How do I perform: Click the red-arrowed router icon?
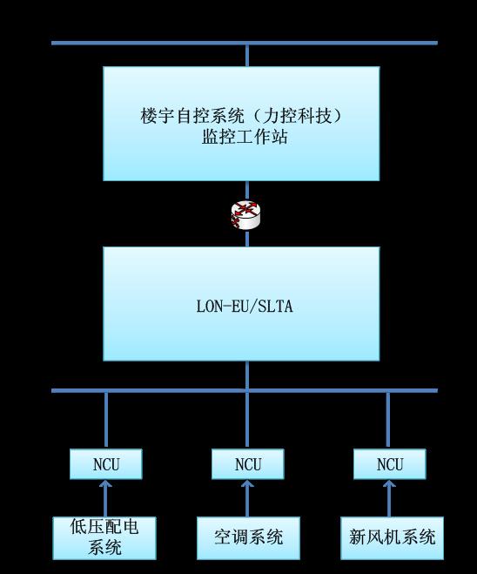pyautogui.click(x=246, y=215)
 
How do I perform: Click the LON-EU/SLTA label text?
pyautogui.click(x=245, y=306)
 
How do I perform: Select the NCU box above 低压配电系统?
pyautogui.click(x=105, y=463)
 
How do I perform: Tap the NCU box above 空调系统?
pyautogui.click(x=248, y=463)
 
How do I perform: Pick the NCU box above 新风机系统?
pyautogui.click(x=390, y=463)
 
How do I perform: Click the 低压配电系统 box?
pyautogui.click(x=104, y=538)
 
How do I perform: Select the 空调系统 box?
pyautogui.click(x=248, y=538)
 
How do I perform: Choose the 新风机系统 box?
pyautogui.click(x=393, y=538)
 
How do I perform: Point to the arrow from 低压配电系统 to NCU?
pyautogui.click(x=105, y=498)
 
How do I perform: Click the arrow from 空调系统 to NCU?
pyautogui.click(x=248, y=498)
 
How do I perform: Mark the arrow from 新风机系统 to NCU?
pyautogui.click(x=389, y=498)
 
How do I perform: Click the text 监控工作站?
pyautogui.click(x=245, y=137)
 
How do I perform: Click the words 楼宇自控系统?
pyautogui.click(x=192, y=116)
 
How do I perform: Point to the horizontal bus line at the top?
pyautogui.click(x=245, y=43)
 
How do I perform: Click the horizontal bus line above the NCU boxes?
pyautogui.click(x=245, y=390)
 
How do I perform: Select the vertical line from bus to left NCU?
pyautogui.click(x=105, y=421)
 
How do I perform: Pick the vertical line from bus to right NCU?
pyautogui.click(x=388, y=421)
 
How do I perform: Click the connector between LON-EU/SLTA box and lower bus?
pyautogui.click(x=247, y=375)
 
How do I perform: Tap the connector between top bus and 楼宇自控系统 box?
pyautogui.click(x=247, y=56)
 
